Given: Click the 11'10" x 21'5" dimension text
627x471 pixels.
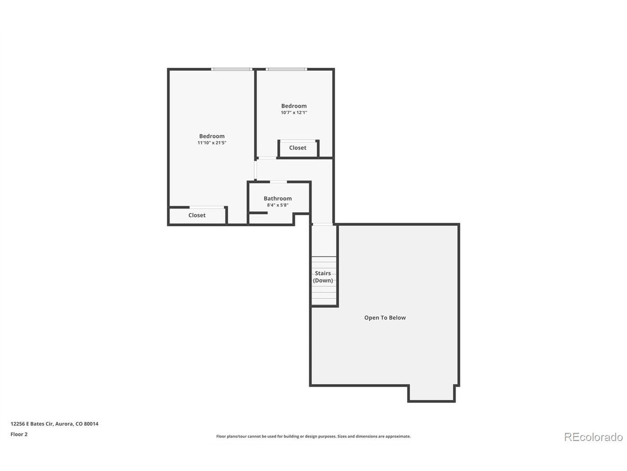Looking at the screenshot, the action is pyautogui.click(x=212, y=143).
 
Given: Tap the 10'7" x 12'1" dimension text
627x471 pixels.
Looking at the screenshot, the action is pyautogui.click(x=293, y=112).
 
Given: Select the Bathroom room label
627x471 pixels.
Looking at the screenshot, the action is pyautogui.click(x=277, y=198).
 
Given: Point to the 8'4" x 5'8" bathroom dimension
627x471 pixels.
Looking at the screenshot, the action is pyautogui.click(x=277, y=205).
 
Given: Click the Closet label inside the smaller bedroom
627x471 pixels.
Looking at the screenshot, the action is pyautogui.click(x=297, y=148).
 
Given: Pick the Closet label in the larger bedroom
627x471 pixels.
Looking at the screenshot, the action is pyautogui.click(x=197, y=215).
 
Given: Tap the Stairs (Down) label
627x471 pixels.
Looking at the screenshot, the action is pyautogui.click(x=323, y=277).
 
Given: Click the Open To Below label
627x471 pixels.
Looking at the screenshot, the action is pyautogui.click(x=385, y=317).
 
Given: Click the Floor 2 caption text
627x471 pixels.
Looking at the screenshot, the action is pyautogui.click(x=19, y=434).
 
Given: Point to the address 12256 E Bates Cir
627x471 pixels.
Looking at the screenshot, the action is pyautogui.click(x=32, y=424).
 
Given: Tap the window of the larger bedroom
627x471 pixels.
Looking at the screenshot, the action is pyautogui.click(x=231, y=69).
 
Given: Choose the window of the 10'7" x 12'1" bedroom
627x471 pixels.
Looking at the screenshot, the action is pyautogui.click(x=286, y=69).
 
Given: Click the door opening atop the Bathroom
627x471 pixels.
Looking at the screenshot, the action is pyautogui.click(x=278, y=182).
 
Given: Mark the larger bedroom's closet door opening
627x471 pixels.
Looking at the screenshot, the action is pyautogui.click(x=207, y=208).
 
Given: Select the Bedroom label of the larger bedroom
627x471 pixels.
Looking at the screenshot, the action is pyautogui.click(x=212, y=136).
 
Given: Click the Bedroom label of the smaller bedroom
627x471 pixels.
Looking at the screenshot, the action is pyautogui.click(x=293, y=106).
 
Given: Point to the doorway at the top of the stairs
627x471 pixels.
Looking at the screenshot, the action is pyautogui.click(x=322, y=225).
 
